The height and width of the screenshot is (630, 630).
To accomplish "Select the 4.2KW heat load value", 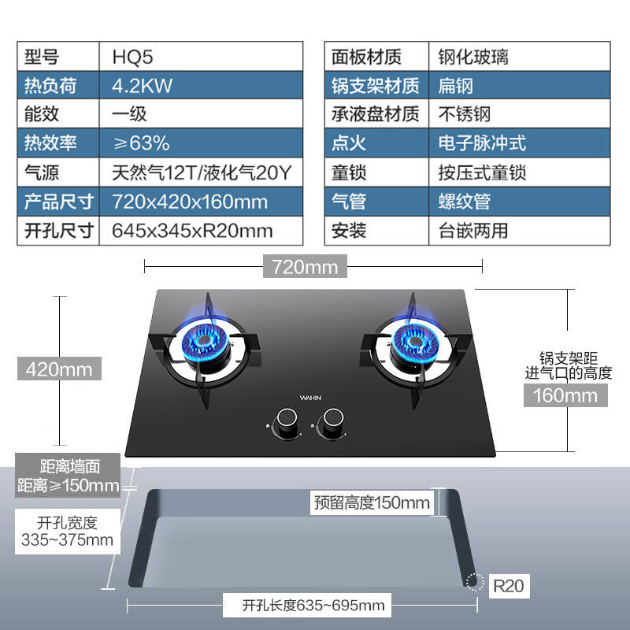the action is click(x=142, y=86).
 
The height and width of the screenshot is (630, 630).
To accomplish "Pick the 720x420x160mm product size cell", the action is click(x=190, y=202).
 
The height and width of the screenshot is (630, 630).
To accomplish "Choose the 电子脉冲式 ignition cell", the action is click(x=482, y=143).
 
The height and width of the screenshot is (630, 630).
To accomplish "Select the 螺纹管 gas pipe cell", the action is click(x=465, y=202).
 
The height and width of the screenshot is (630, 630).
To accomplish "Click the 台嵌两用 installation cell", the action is click(x=473, y=231).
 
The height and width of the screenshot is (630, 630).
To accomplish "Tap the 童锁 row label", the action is click(x=349, y=172).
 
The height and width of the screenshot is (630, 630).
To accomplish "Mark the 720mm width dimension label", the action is click(x=304, y=267).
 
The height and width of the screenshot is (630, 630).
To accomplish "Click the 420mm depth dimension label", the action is click(x=59, y=368).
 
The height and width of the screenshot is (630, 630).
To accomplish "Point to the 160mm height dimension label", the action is click(x=565, y=395).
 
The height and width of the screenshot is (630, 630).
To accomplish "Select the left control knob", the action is click(x=284, y=424).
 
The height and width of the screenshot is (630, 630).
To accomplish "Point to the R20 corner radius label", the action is click(x=508, y=585).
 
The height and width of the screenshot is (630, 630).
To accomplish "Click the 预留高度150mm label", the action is click(x=372, y=502).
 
